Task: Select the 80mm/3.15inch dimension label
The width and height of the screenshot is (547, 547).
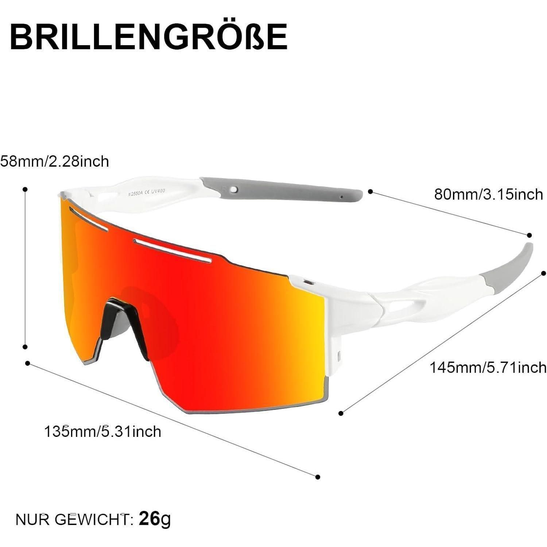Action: click(x=489, y=194)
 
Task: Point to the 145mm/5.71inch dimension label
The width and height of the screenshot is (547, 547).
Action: click(x=488, y=367)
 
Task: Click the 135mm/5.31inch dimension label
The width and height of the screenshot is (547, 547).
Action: click(x=102, y=431)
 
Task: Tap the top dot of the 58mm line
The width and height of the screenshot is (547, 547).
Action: click(x=25, y=189)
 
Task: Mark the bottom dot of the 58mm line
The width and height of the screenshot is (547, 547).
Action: click(x=25, y=347)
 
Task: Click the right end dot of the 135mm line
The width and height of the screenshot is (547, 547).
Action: click(x=318, y=477)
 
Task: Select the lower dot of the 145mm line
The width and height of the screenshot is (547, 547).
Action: click(x=341, y=413)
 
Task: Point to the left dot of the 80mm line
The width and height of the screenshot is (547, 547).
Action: click(x=370, y=191)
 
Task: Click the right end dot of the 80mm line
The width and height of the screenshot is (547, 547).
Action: click(x=529, y=235)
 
